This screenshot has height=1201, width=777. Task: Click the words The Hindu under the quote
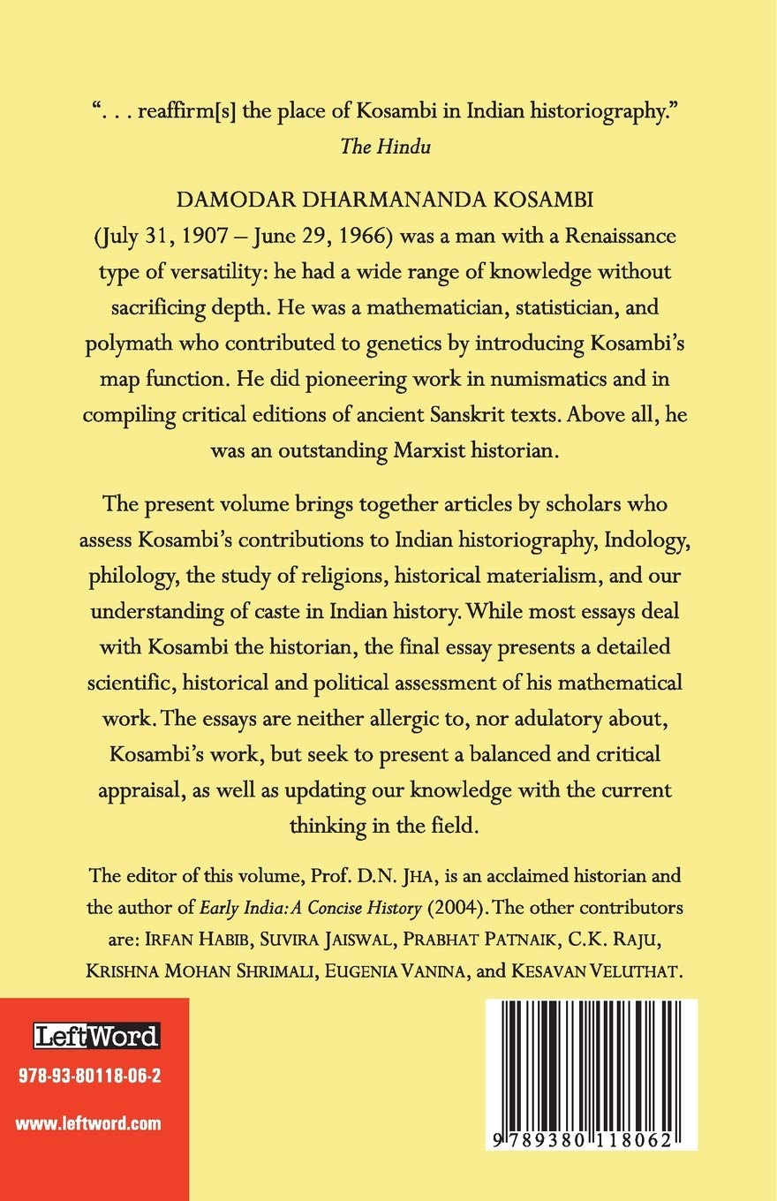click(386, 147)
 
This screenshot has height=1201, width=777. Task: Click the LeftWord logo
click(95, 1035)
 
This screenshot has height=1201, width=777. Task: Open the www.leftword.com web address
click(89, 1124)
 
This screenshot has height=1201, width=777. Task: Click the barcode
click(592, 1069)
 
